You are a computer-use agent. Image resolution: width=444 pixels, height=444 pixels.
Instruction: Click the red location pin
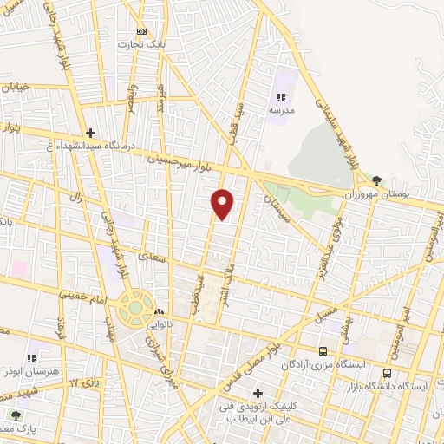click(223, 202)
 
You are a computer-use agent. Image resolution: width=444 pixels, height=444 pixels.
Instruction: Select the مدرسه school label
click(280, 111)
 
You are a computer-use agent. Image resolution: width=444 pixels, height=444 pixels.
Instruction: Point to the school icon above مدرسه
click(280, 98)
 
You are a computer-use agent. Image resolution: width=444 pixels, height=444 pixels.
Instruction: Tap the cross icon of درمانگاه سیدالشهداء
click(91, 133)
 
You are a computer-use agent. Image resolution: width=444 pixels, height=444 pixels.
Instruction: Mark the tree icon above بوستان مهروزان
click(376, 180)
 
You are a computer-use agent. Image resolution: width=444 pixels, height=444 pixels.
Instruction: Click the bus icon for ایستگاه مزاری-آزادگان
click(323, 351)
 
